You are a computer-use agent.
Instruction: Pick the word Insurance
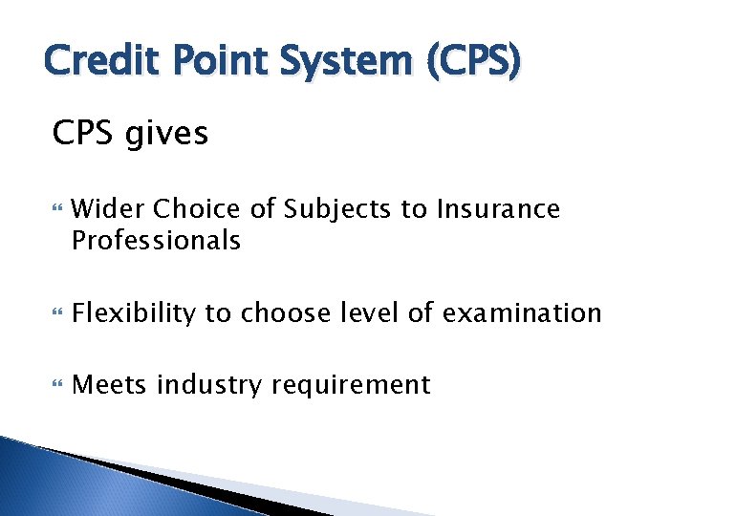(497, 208)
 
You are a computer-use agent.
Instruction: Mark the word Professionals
(156, 241)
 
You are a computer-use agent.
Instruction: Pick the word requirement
(351, 386)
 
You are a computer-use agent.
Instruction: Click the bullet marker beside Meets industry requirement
(56, 385)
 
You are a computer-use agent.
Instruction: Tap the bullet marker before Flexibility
(56, 313)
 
